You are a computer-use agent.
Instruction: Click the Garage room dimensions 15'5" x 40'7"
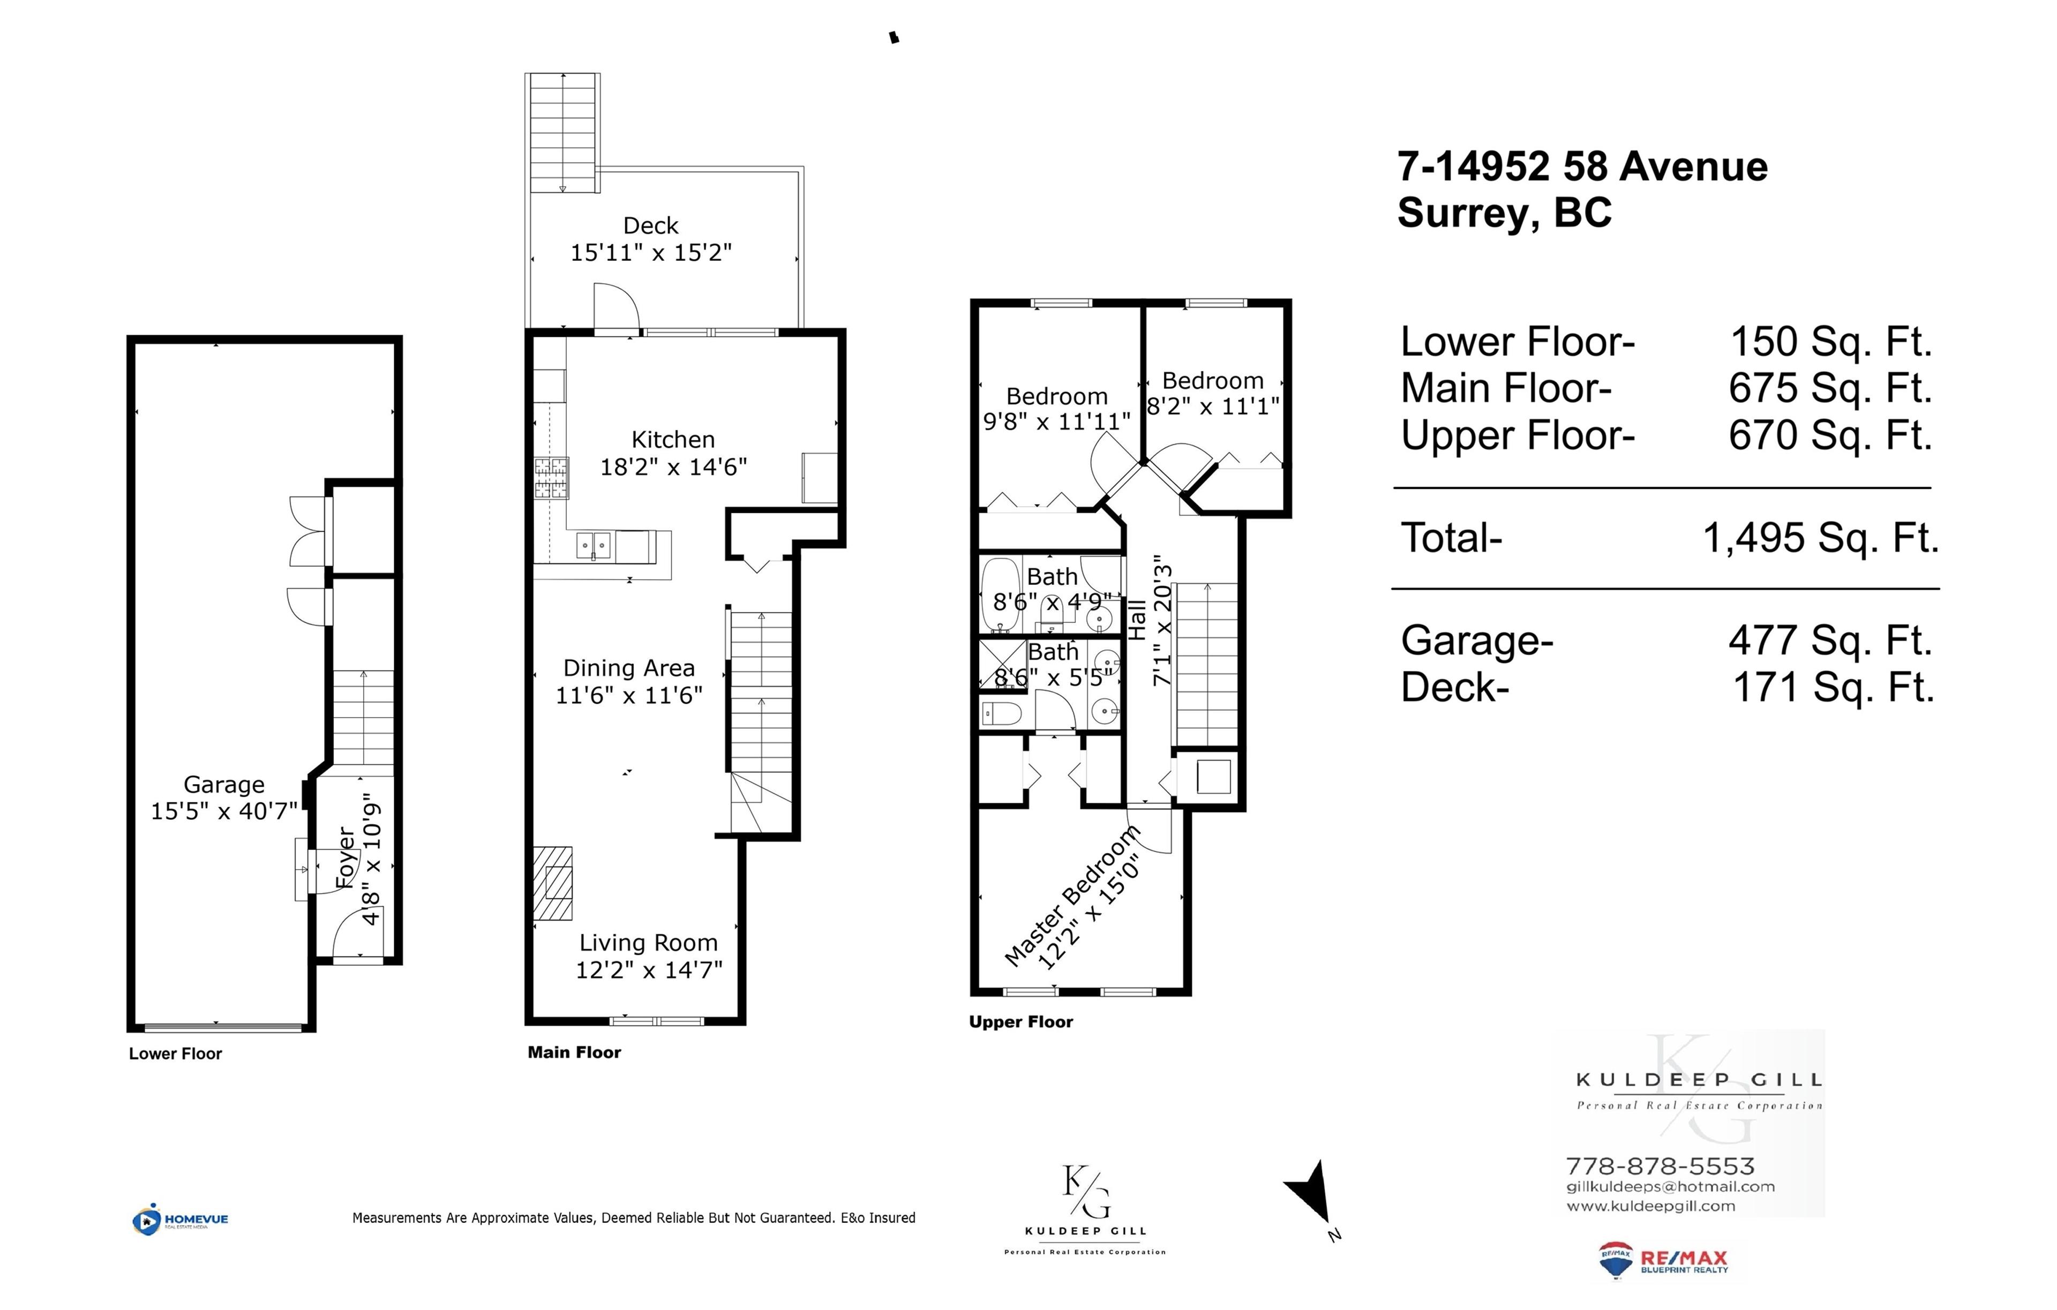point(224,811)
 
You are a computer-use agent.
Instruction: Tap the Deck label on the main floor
point(650,225)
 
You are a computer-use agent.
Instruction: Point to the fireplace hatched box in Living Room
point(553,883)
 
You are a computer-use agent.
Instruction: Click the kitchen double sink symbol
point(593,544)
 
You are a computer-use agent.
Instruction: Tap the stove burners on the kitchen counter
point(551,478)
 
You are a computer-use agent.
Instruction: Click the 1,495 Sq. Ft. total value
point(1820,538)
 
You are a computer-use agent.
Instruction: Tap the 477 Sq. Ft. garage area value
point(1830,641)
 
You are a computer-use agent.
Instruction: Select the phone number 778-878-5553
point(1660,1166)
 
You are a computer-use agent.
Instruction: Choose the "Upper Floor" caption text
point(1021,1022)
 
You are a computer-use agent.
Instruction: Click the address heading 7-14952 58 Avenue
point(1582,167)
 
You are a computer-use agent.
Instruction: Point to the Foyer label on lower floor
point(345,857)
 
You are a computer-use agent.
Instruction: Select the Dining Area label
point(629,669)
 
